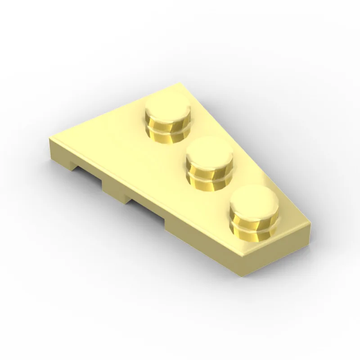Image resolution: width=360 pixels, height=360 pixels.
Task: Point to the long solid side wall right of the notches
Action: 202,238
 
